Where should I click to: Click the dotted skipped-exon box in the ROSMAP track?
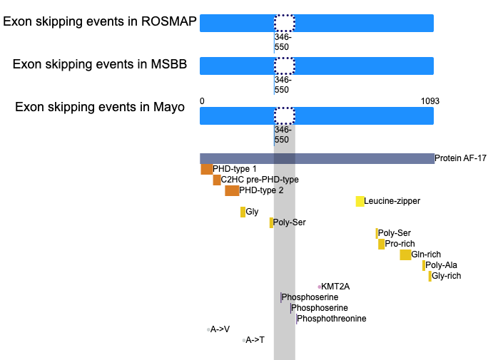pos(284,23)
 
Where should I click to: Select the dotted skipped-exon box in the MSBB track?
pos(284,66)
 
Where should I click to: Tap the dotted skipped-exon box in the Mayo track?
pos(284,116)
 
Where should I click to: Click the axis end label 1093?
pos(430,101)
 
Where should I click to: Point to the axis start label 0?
pos(202,101)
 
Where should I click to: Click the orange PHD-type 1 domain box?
pos(207,169)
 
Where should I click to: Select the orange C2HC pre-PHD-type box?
pos(217,180)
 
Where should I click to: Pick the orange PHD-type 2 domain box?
pos(232,190)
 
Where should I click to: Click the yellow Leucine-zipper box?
pos(360,201)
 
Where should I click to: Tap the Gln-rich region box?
pos(405,254)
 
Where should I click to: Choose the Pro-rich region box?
pos(381,244)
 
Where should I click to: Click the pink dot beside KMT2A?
pos(320,287)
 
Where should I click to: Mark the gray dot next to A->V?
pos(208,329)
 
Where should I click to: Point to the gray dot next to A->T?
pos(244,340)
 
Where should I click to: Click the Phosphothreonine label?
pos(331,319)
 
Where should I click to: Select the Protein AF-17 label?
pos(460,158)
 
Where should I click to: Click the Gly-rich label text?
pos(446,276)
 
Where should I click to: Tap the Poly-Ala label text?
pos(441,265)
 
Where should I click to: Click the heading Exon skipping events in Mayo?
pos(100,107)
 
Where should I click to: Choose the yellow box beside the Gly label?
pos(243,212)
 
